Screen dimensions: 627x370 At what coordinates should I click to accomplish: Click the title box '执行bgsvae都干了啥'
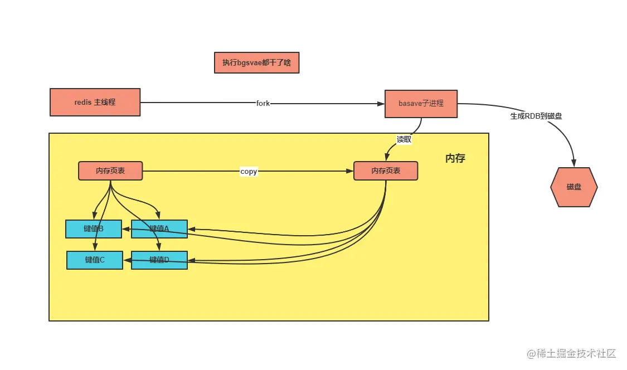click(x=257, y=62)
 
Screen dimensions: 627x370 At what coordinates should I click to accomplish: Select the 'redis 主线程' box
click(x=95, y=103)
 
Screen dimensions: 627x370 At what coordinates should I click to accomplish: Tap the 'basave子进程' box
click(x=421, y=104)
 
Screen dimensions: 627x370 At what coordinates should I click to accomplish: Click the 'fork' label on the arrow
click(x=263, y=103)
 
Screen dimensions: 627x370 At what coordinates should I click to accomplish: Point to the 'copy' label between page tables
click(x=249, y=171)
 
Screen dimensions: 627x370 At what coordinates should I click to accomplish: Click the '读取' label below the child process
click(x=404, y=139)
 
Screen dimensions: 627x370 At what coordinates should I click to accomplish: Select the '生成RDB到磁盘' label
click(x=536, y=116)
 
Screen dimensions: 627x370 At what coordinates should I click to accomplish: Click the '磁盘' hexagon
click(x=574, y=187)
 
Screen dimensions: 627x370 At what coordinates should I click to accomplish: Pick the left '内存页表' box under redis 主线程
click(x=110, y=171)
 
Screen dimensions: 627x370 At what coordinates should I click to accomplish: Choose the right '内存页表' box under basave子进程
click(x=386, y=171)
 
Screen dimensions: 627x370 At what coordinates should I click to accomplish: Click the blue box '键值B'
click(x=94, y=229)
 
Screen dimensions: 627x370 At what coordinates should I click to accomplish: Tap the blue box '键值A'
click(x=159, y=229)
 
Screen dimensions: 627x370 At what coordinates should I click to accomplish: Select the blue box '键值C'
click(x=95, y=260)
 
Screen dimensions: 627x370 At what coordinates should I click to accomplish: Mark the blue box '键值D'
click(x=159, y=260)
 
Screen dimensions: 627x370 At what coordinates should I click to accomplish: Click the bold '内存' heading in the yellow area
click(x=455, y=158)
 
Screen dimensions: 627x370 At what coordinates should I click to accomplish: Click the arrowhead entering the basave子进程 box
click(x=381, y=104)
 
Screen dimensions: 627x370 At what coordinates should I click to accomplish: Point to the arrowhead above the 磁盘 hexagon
click(x=574, y=163)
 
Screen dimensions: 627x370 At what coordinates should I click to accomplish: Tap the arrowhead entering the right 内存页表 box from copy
click(x=349, y=171)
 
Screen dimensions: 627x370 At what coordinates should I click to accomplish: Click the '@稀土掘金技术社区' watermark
click(x=571, y=353)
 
